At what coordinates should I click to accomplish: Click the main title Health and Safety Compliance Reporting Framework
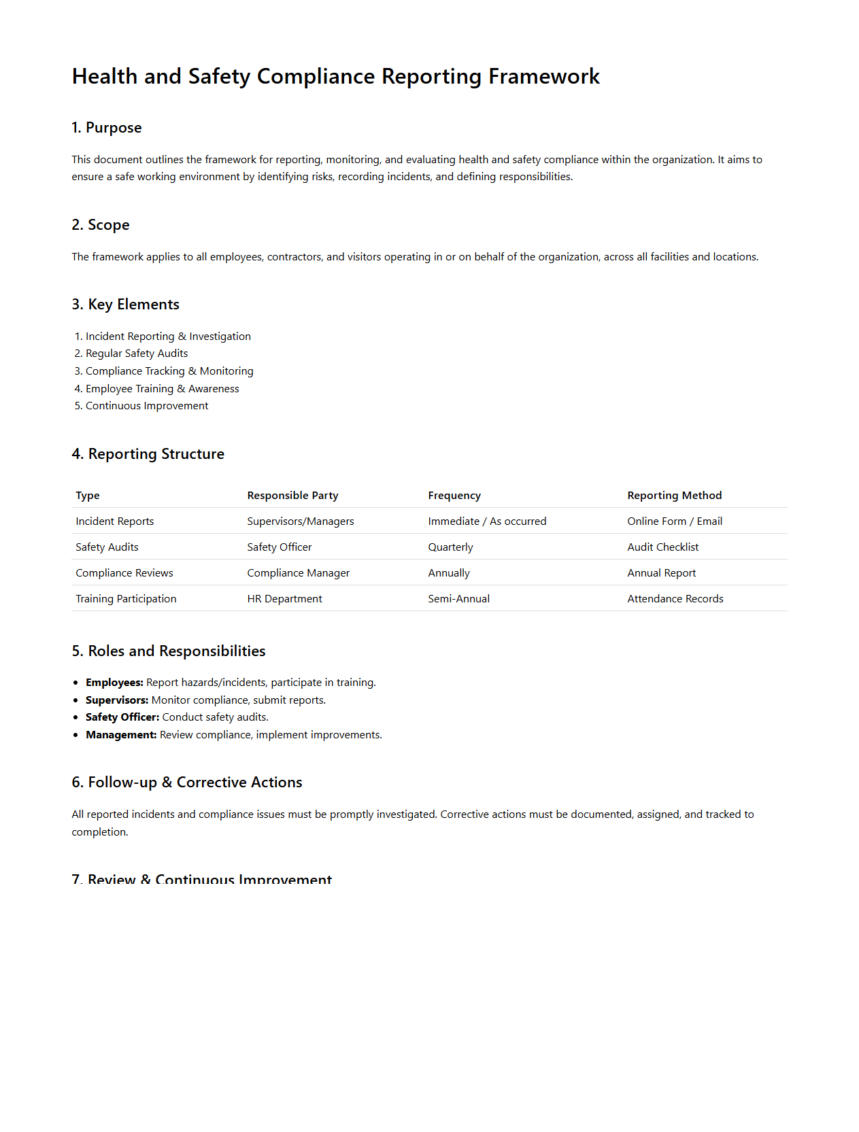(x=336, y=76)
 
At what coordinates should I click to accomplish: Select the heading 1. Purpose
(x=107, y=128)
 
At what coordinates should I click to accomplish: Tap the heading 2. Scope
(x=101, y=225)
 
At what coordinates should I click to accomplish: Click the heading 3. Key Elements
(x=126, y=305)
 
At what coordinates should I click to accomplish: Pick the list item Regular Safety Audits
(x=136, y=354)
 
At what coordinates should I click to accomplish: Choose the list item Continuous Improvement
(x=146, y=406)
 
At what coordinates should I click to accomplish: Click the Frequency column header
(x=454, y=496)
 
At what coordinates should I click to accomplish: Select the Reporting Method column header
(x=674, y=496)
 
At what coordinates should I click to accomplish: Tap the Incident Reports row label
(x=115, y=521)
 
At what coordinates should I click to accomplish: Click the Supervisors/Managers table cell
(x=301, y=521)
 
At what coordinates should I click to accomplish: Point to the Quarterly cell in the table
(x=450, y=547)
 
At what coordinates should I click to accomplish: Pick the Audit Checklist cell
(x=662, y=547)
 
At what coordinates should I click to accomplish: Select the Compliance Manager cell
(x=298, y=573)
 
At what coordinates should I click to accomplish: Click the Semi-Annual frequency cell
(x=458, y=599)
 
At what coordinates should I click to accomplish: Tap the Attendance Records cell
(x=675, y=599)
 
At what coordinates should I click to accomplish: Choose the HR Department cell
(x=284, y=599)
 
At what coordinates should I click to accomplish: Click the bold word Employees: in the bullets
(x=114, y=683)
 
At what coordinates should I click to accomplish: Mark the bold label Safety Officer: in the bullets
(x=122, y=717)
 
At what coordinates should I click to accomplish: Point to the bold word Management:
(x=121, y=735)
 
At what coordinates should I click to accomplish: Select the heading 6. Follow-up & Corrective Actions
(x=187, y=783)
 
